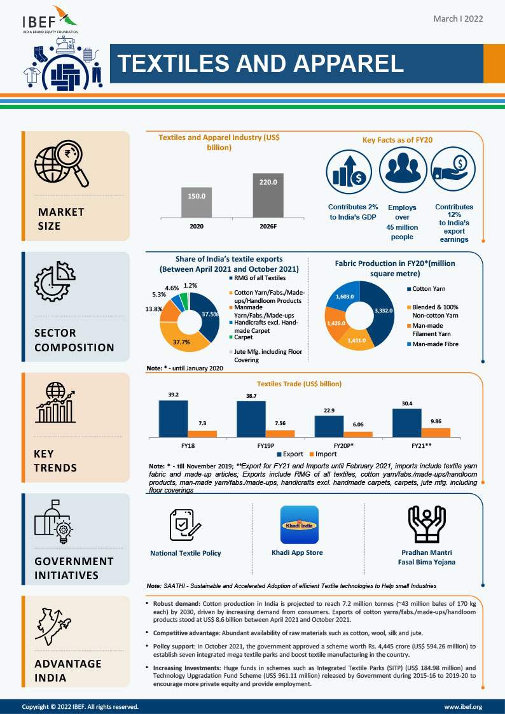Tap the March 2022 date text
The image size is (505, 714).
click(x=458, y=19)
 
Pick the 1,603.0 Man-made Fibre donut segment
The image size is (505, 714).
click(x=345, y=297)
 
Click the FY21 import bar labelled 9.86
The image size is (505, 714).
click(x=436, y=432)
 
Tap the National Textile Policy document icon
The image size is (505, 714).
click(x=185, y=524)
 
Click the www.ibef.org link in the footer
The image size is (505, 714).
click(x=463, y=706)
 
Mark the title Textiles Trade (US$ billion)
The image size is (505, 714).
click(x=299, y=384)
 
